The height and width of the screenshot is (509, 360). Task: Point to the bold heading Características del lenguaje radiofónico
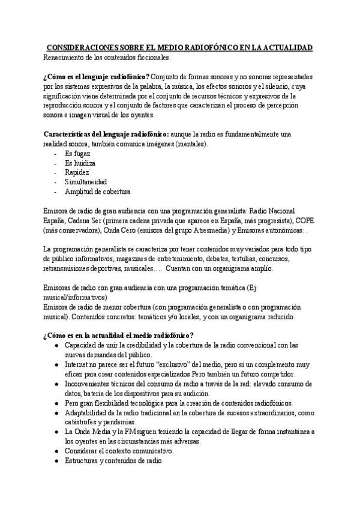point(106,134)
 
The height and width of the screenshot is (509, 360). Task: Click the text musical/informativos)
point(75,298)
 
